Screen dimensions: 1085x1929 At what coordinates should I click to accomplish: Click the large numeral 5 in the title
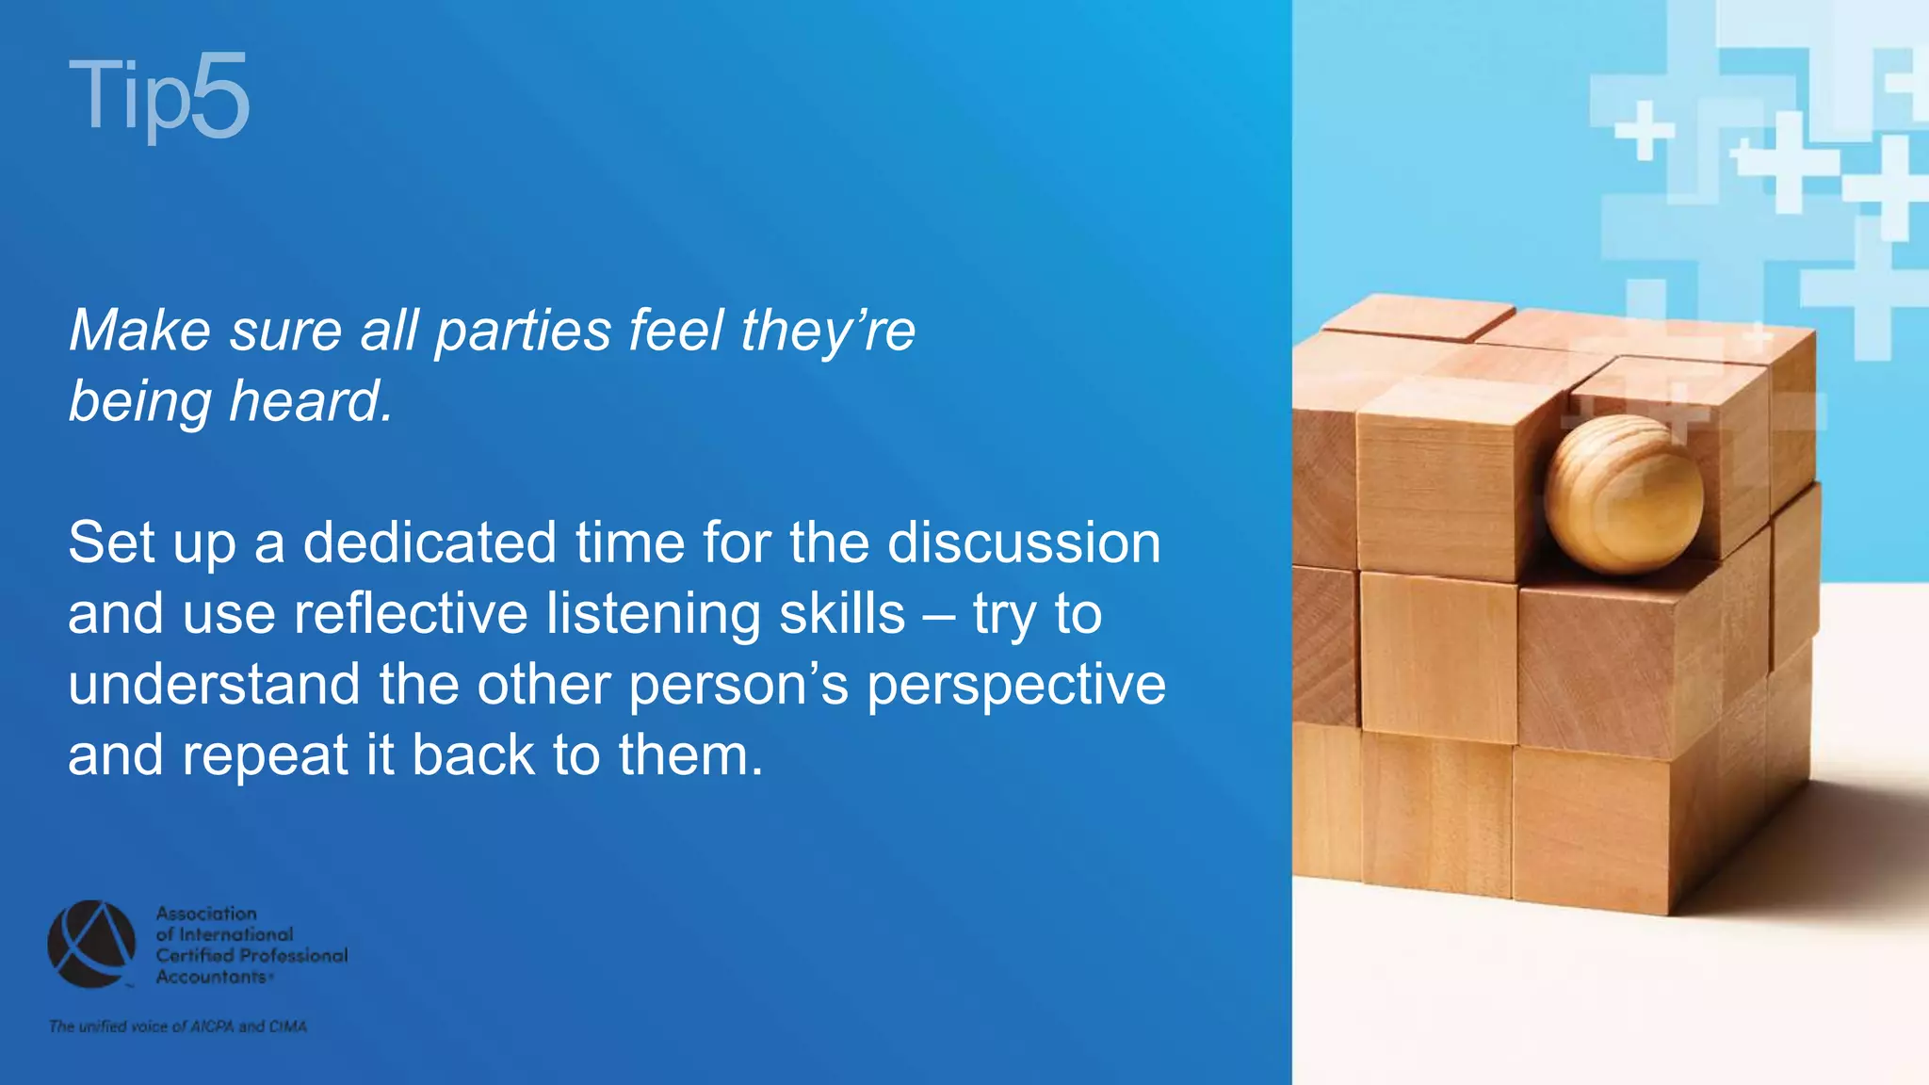coord(220,96)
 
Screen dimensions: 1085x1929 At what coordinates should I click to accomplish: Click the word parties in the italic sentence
coord(523,332)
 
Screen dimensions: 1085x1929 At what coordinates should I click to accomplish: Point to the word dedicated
coord(430,543)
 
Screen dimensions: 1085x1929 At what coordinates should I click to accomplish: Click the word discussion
coord(1024,543)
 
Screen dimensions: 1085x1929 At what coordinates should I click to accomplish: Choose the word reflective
coord(411,614)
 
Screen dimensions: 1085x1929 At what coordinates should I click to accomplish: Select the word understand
coord(214,685)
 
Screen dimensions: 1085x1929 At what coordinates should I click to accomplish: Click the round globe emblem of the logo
coord(91,944)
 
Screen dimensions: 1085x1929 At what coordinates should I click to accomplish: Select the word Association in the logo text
coord(206,914)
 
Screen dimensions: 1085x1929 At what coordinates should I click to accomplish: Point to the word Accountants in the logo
coord(212,977)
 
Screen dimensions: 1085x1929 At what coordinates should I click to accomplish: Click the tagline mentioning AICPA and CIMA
coord(178,1027)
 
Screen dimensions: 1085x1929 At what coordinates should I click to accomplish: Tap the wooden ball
coord(1623,494)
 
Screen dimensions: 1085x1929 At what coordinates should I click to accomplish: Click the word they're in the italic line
coord(828,332)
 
